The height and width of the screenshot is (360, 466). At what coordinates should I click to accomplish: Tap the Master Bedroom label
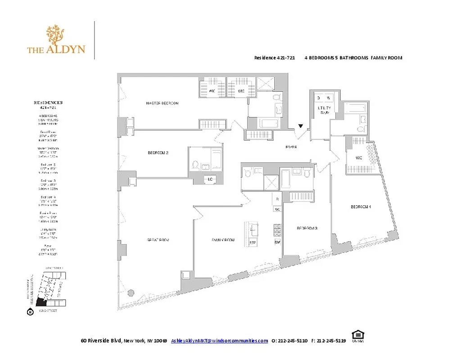pos(162,103)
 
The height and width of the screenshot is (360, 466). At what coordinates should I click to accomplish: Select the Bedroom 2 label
pos(158,153)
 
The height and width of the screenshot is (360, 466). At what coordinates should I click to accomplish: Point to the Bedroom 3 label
pos(307,228)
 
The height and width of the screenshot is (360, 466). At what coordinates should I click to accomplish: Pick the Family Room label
pos(223,240)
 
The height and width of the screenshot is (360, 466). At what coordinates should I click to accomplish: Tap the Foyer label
pos(291,147)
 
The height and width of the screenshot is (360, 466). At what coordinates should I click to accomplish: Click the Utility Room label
pos(324,110)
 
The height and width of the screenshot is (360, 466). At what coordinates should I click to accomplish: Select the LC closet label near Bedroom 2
pos(210,180)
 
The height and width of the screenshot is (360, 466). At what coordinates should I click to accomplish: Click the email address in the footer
pos(220,341)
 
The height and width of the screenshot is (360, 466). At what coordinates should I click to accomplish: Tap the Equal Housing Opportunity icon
pos(358,335)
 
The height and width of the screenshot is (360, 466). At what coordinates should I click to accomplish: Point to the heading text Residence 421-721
pos(275,58)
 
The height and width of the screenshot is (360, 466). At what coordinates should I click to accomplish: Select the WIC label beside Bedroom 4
pos(359,158)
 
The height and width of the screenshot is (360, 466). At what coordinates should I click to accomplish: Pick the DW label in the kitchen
pos(252,243)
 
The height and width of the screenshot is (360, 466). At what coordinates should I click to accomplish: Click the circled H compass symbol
pos(30,311)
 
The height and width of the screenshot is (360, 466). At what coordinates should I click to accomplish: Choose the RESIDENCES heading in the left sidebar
pos(48,103)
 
